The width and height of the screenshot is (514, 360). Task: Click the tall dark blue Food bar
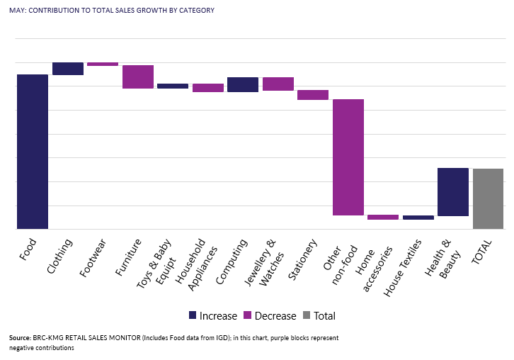tap(33, 152)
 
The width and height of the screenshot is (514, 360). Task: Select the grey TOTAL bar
tap(488, 198)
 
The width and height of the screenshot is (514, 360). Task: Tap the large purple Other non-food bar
tap(348, 157)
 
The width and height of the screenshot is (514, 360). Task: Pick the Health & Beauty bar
tap(453, 192)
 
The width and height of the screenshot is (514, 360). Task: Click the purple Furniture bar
tap(138, 77)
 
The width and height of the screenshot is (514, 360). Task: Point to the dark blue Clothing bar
tap(68, 68)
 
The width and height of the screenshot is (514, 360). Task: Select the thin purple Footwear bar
tap(103, 64)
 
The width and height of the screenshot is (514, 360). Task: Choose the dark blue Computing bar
tap(243, 84)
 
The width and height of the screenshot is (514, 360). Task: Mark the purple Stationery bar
tap(313, 95)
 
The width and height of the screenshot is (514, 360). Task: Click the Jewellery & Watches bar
tap(278, 84)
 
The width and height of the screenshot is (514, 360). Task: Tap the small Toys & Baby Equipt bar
tap(173, 86)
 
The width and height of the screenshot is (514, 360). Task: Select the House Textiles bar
tap(418, 218)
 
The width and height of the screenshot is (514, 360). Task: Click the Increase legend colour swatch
tap(193, 315)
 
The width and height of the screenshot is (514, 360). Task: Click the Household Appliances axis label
tap(191, 262)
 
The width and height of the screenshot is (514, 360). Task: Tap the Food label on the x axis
tap(28, 249)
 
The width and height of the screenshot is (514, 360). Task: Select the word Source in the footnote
tap(21, 338)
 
